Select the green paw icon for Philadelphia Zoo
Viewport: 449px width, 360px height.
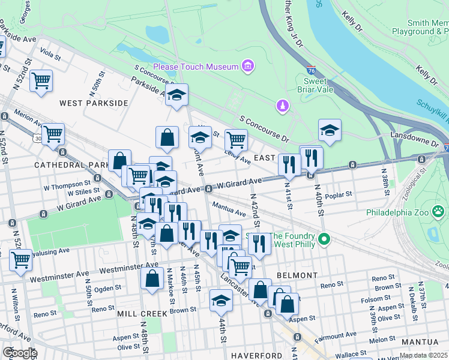[440, 212]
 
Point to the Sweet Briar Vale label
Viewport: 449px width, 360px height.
[307, 85]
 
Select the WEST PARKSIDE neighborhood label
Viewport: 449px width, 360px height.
[94, 103]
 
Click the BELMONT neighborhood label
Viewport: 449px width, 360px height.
[297, 275]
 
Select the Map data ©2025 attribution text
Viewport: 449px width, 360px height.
[423, 355]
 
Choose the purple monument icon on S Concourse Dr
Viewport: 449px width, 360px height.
[282, 107]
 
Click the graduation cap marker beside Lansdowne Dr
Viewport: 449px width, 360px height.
[330, 130]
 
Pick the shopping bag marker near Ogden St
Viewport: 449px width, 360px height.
[152, 278]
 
